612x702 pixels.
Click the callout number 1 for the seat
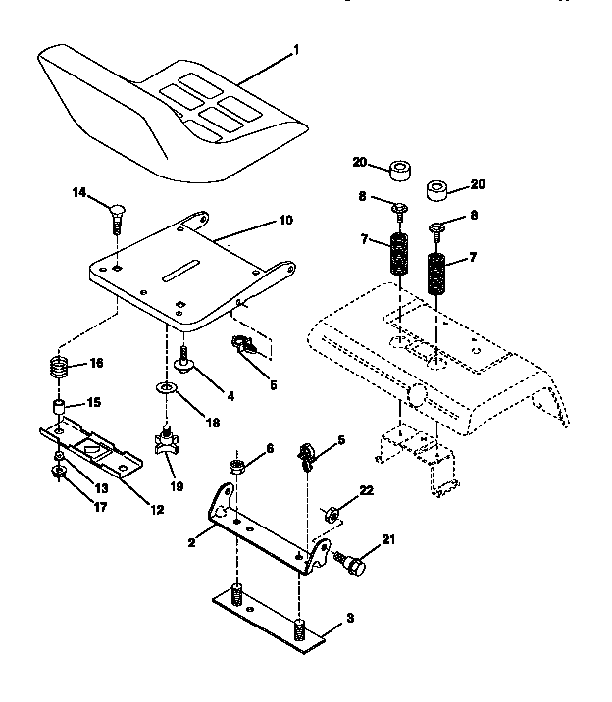pyautogui.click(x=297, y=48)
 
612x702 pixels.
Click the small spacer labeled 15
pyautogui.click(x=60, y=406)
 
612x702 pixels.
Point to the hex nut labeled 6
pyautogui.click(x=235, y=465)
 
